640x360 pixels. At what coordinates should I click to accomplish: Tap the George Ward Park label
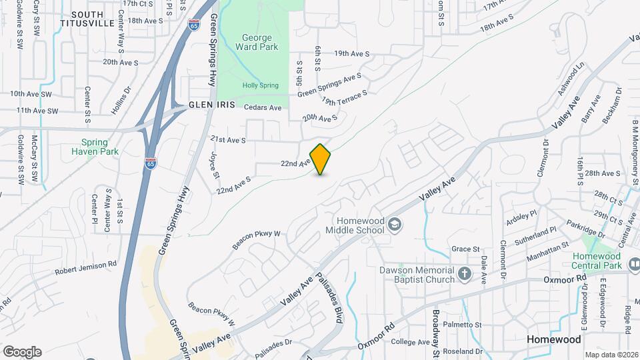pos(253,42)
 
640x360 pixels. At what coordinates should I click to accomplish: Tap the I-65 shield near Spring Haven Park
pos(152,163)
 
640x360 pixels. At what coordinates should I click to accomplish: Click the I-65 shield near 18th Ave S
pos(193,25)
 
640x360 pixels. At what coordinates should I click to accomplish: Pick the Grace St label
pos(465,249)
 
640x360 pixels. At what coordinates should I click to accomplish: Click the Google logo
pos(22,351)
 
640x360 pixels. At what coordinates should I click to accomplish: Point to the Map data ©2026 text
pos(611,355)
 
